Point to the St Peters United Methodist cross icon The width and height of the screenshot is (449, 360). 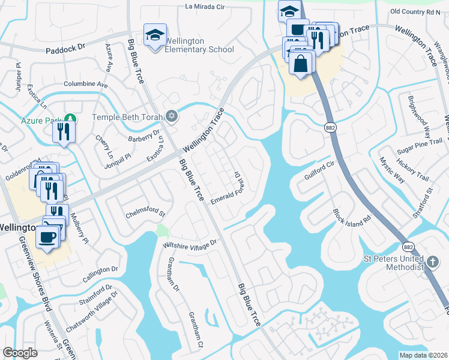[432, 262]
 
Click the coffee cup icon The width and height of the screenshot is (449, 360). [48, 235]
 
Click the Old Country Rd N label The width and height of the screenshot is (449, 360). [415, 11]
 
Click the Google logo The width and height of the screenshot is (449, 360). [20, 353]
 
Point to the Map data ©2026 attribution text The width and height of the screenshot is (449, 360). [424, 355]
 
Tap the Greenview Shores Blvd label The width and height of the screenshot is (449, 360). [36, 274]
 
